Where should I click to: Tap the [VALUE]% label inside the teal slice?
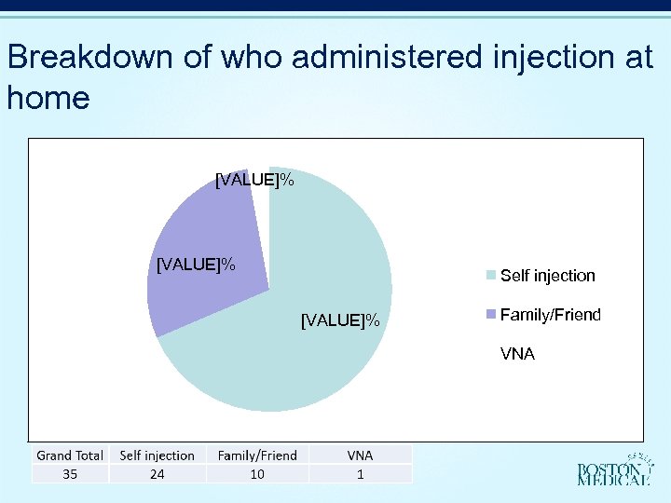pos(340,321)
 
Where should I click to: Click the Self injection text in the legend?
pos(547,276)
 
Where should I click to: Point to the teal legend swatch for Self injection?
pos(490,276)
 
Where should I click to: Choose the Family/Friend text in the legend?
pos(550,315)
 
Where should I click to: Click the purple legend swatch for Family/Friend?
pos(490,315)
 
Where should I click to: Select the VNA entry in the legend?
pos(517,354)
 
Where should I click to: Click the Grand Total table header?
pos(70,455)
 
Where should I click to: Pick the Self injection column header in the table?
pos(157,455)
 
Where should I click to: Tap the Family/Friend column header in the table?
pos(257,455)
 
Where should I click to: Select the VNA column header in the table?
pos(360,455)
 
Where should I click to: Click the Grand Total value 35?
pos(70,474)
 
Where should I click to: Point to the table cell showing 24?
pos(157,474)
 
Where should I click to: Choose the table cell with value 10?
pos(257,474)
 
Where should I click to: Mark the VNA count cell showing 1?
pos(360,474)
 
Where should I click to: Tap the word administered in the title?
pos(386,58)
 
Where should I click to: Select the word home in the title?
pos(48,97)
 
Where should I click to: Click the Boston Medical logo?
pos(614,470)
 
